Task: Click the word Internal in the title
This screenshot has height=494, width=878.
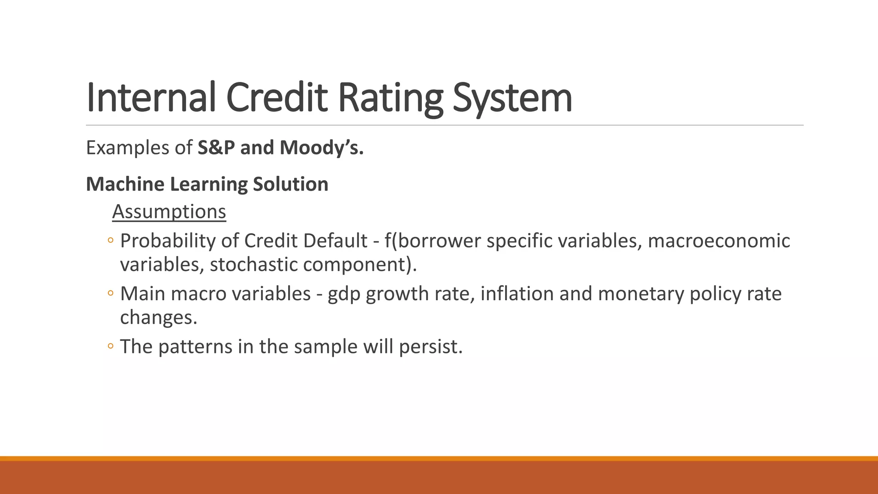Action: [150, 98]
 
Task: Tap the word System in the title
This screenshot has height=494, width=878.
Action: [512, 98]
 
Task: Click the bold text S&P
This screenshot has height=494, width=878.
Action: [216, 148]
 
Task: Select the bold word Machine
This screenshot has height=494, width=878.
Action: [125, 184]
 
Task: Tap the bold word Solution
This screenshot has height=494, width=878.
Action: [290, 184]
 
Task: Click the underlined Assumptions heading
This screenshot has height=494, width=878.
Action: [169, 211]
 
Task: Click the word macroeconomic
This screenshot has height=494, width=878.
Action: [719, 241]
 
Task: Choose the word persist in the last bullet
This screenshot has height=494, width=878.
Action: [430, 346]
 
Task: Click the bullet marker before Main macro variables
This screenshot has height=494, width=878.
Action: [111, 294]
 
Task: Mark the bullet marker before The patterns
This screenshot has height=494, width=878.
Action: [111, 346]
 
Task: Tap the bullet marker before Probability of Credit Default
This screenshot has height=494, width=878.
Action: [111, 241]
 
